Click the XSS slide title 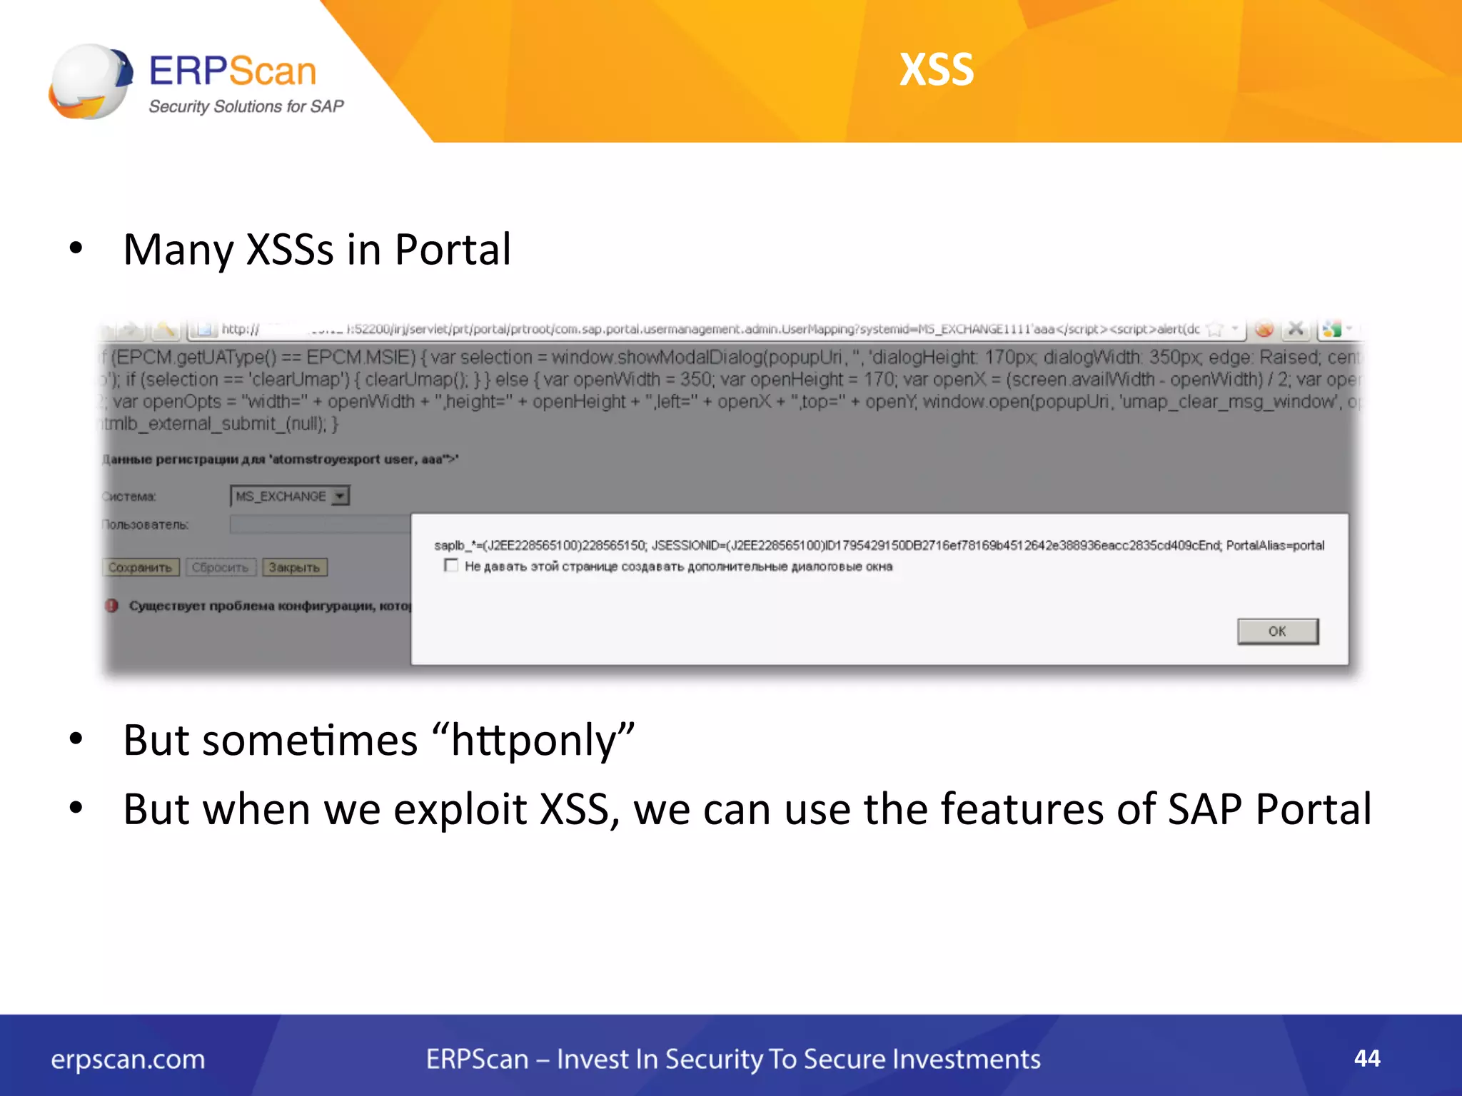pos(937,70)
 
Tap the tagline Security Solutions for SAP pos(246,107)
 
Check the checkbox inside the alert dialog pos(450,566)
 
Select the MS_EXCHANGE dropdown pos(290,496)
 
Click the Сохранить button pos(140,568)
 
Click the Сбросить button pos(220,568)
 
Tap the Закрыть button pos(294,568)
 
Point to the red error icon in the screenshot pos(112,606)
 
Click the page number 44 pos(1366,1058)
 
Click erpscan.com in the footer pos(128,1060)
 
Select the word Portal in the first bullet pos(453,250)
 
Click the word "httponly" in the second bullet pos(543,741)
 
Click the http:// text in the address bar pos(240,329)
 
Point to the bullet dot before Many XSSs pos(76,249)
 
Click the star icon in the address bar pos(1214,330)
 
